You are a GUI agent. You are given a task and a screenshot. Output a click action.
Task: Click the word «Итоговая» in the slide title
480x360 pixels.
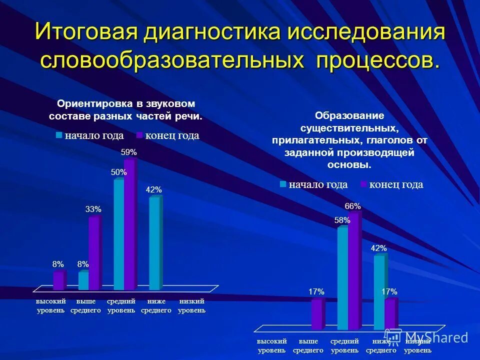[86, 32]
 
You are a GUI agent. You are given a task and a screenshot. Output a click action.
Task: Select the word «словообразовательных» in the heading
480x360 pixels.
[172, 60]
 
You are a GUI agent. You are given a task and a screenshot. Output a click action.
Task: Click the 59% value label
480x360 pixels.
[129, 152]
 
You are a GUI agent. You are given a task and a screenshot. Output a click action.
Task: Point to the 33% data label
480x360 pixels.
[93, 209]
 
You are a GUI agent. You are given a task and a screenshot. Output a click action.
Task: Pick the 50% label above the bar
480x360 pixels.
[119, 172]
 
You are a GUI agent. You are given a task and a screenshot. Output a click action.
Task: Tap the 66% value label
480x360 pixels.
[352, 206]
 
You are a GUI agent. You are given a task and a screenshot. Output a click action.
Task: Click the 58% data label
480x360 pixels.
[342, 220]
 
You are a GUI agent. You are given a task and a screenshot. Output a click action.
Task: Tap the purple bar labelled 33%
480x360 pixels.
[93, 253]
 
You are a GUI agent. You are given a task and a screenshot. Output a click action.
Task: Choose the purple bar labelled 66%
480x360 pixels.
[353, 270]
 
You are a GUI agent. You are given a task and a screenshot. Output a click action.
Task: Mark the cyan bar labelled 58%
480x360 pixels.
[342, 278]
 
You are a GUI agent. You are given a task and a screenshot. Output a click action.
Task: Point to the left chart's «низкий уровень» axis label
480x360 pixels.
[191, 306]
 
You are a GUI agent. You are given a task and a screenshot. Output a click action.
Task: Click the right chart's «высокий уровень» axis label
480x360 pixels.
[271, 345]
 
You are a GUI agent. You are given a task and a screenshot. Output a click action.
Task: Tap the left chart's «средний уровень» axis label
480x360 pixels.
[121, 306]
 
